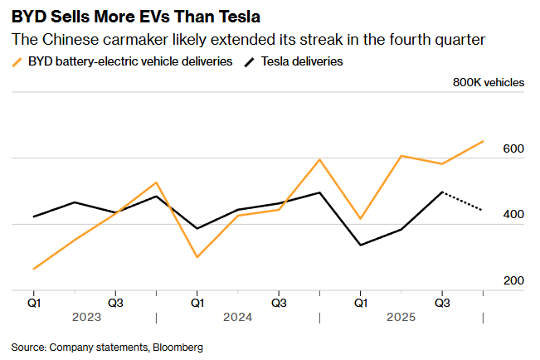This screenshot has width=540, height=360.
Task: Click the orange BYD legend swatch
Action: click(17, 61)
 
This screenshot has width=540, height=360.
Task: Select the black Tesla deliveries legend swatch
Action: click(251, 61)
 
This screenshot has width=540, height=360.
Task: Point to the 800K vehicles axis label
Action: click(488, 82)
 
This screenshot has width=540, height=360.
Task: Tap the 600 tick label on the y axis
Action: click(513, 148)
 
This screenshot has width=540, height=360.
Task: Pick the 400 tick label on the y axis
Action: click(513, 215)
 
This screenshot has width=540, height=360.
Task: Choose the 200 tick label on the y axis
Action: click(513, 281)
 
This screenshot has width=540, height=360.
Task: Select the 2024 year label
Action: click(237, 317)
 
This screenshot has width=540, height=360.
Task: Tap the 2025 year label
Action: click(401, 317)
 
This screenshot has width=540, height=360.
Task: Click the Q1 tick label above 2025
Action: click(359, 302)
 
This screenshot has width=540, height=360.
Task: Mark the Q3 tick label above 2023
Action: click(115, 302)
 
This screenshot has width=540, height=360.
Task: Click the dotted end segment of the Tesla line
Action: click(464, 201)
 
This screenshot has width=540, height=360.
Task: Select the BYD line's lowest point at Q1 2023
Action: click(34, 269)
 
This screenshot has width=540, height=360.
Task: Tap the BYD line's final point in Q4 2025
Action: click(483, 141)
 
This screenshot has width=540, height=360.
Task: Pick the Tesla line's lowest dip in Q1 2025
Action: click(360, 245)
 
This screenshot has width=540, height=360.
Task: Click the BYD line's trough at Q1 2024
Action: click(197, 257)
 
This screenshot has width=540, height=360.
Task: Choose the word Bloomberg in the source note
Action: click(178, 347)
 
